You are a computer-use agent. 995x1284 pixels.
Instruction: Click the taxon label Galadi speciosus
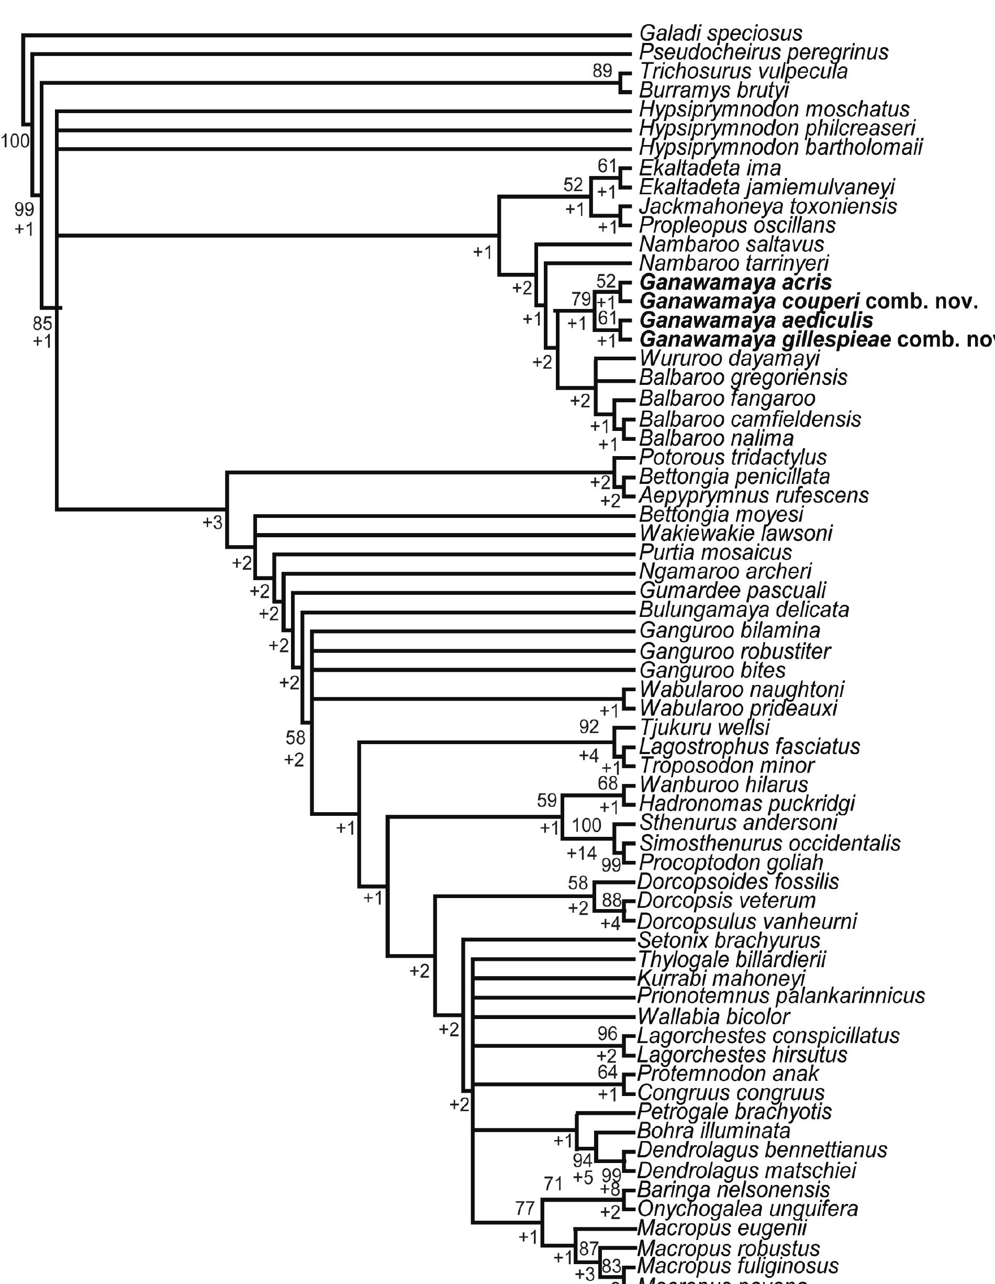click(721, 33)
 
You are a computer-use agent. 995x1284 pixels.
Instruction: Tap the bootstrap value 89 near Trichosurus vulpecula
click(602, 71)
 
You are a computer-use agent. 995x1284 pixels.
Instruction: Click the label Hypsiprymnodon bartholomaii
click(780, 147)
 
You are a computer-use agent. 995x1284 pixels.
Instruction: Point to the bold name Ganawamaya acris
click(735, 282)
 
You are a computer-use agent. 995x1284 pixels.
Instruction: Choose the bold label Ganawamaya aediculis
click(756, 320)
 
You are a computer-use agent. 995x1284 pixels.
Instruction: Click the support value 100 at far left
click(15, 140)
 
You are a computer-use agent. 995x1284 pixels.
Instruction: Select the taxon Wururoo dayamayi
click(729, 358)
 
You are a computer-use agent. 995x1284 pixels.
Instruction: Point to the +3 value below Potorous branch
click(212, 522)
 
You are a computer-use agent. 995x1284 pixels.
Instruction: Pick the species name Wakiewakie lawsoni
click(735, 533)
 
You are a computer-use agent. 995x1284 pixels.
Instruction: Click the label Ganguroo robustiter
click(735, 651)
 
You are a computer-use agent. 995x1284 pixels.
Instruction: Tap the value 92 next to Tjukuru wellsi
click(589, 727)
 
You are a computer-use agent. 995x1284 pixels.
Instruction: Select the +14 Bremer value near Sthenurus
click(582, 853)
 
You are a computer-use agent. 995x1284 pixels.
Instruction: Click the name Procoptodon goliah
click(731, 862)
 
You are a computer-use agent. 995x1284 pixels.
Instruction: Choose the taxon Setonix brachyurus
click(729, 940)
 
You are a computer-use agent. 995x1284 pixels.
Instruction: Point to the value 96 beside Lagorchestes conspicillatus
click(608, 1033)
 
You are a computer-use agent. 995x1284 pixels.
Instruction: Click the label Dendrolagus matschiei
click(746, 1170)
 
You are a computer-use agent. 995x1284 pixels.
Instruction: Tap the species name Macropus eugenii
click(722, 1227)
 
